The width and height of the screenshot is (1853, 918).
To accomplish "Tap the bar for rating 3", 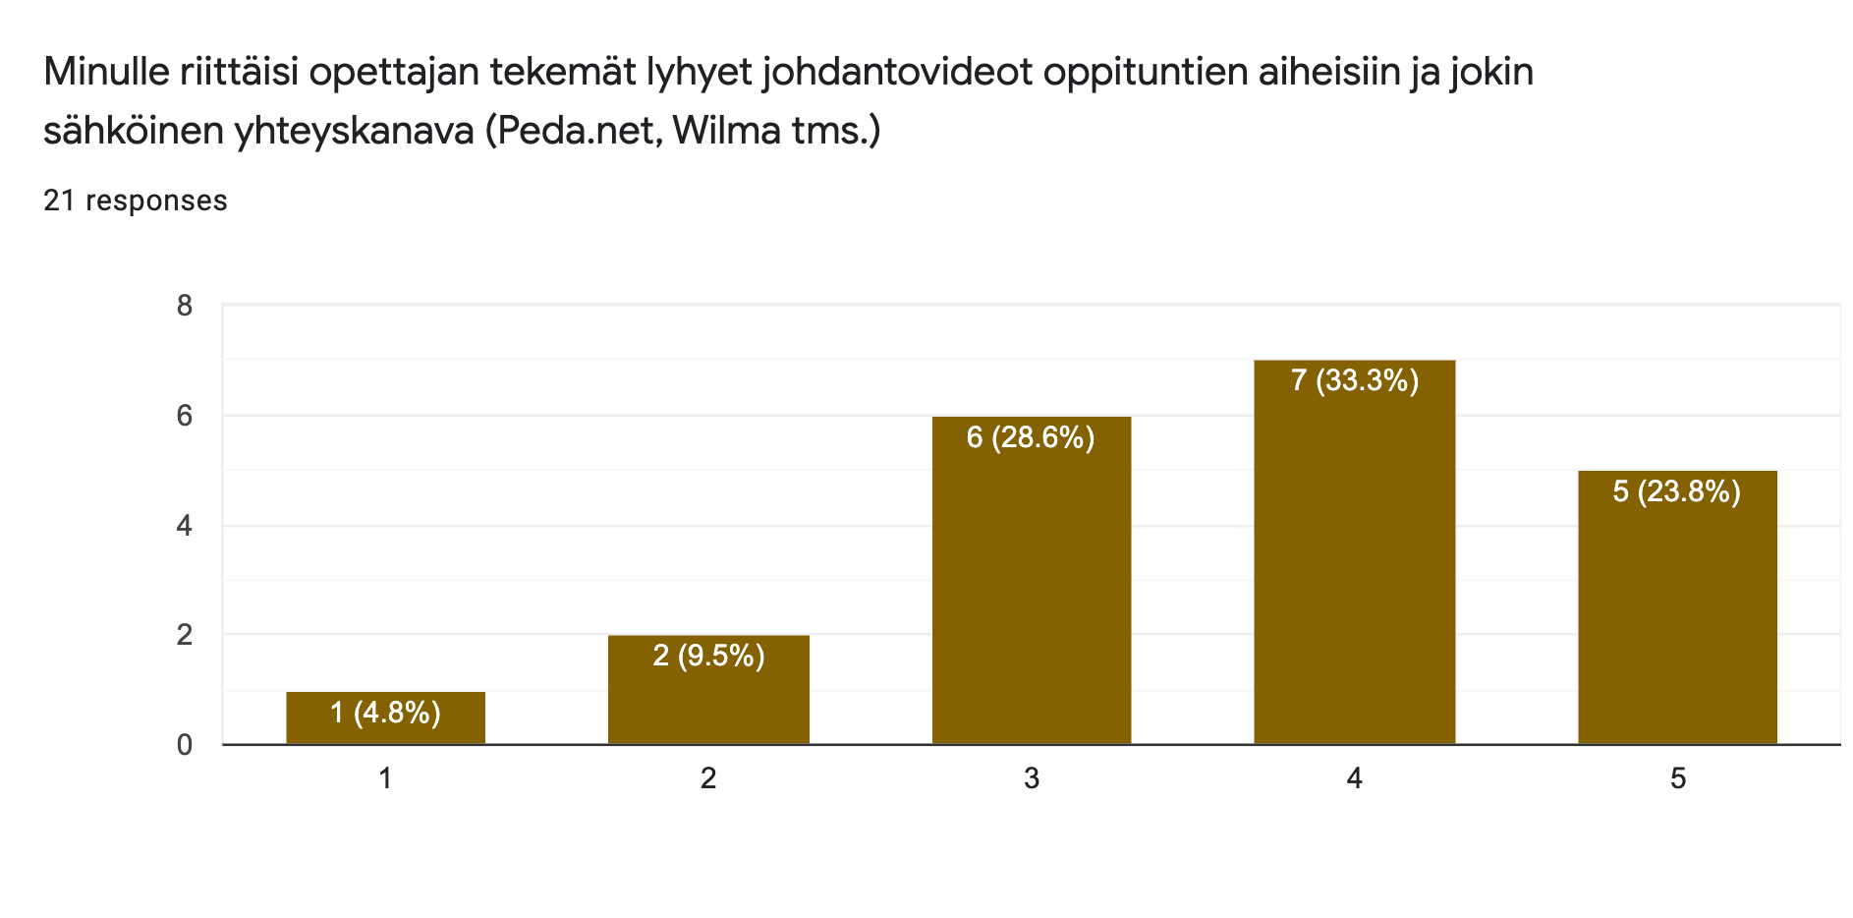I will (1032, 590).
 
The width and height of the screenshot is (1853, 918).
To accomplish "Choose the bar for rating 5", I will (1677, 619).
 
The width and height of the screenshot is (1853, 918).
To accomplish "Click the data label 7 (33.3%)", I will (1354, 380).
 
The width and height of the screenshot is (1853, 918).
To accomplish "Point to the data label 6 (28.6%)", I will (1031, 437).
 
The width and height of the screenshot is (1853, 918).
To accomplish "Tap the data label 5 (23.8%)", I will (1676, 491).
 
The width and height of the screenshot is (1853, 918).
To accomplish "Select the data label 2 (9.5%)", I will (708, 656).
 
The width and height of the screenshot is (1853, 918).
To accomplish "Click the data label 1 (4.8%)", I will (385, 713).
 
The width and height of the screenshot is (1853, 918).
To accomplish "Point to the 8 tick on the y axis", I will (185, 307).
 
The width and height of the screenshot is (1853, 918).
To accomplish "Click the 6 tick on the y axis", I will (185, 416).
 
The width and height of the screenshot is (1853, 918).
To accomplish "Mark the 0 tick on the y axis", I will (185, 745).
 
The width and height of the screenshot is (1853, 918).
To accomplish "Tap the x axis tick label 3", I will (1032, 779).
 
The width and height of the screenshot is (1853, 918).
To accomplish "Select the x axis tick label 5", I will (1678, 779).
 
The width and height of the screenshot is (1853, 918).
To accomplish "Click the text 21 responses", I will (136, 201).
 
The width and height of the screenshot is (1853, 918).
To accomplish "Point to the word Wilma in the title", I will (726, 130).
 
